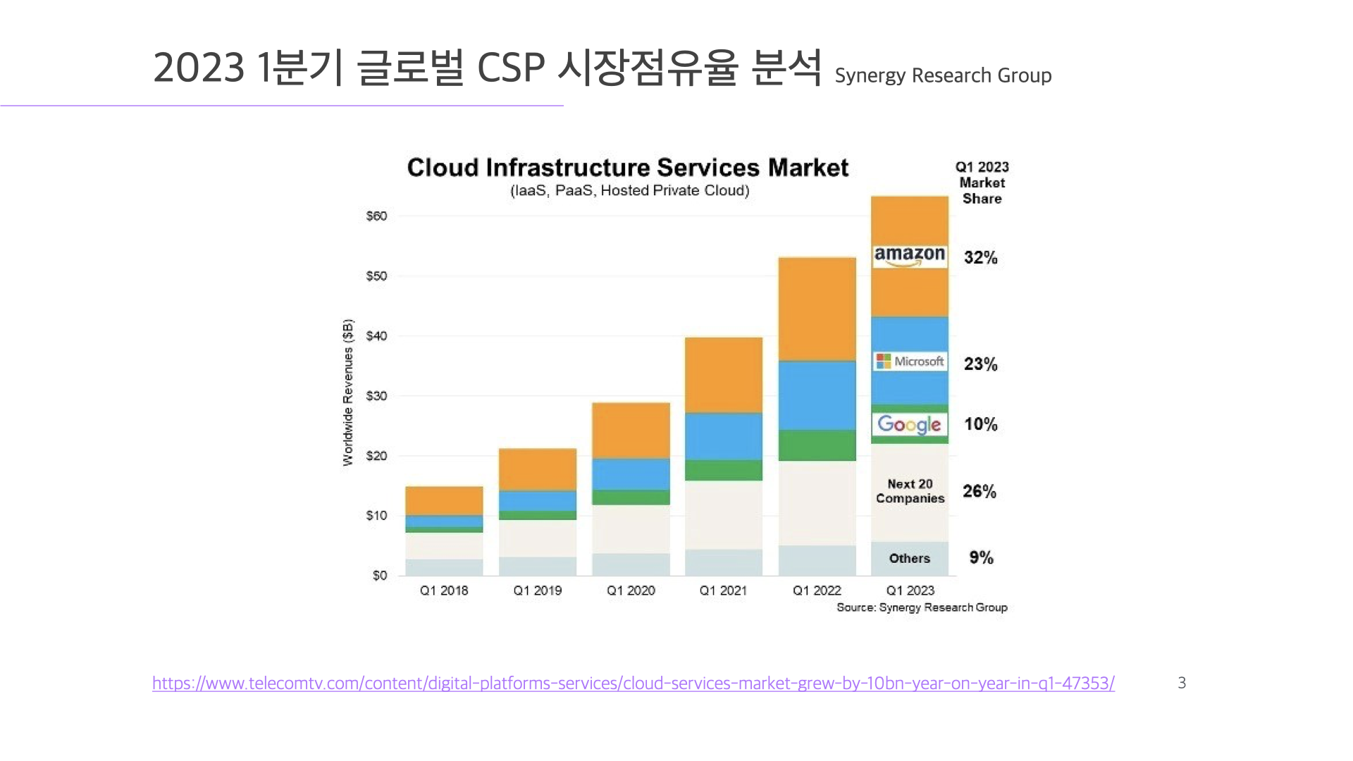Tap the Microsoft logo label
point(910,361)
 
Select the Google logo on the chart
point(909,424)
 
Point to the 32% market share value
point(980,258)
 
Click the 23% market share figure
point(980,364)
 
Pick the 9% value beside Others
point(980,558)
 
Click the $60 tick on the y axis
point(376,216)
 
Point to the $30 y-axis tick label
point(376,396)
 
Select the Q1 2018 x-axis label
point(444,590)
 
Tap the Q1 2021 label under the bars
point(723,590)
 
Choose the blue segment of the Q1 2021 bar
point(723,436)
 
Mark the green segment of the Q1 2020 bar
point(631,497)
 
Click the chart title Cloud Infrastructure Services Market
point(627,168)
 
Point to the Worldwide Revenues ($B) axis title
point(348,392)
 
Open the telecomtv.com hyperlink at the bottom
point(633,683)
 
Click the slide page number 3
point(1182,683)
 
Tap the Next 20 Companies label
point(910,491)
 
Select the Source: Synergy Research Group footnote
point(922,607)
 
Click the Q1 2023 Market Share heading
point(982,182)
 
